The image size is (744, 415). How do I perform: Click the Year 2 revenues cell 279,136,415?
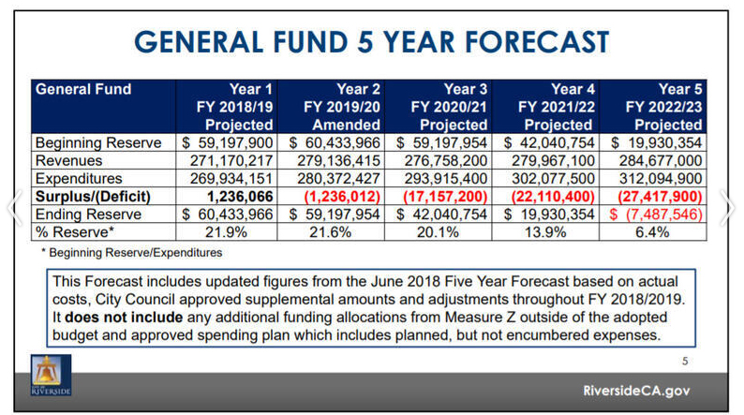point(334,161)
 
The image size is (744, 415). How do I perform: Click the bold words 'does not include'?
point(111,318)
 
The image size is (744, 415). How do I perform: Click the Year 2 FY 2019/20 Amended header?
point(334,107)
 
